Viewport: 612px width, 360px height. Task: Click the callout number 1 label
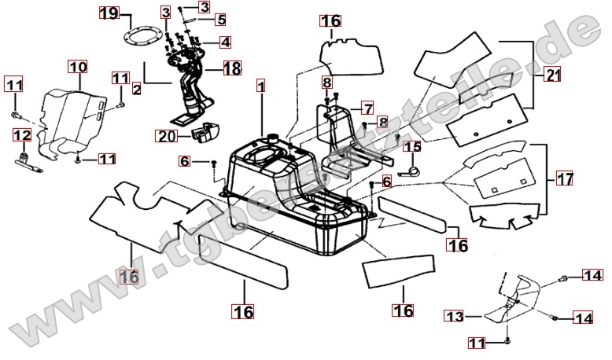point(261,83)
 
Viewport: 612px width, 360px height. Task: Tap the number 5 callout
point(219,19)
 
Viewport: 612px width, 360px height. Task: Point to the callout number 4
point(224,42)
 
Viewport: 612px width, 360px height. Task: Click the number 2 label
point(136,89)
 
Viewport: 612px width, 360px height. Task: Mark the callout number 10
point(77,68)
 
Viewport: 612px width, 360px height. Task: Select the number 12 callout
point(22,135)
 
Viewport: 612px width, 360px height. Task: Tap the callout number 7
point(367,108)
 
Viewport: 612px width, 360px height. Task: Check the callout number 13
point(455,316)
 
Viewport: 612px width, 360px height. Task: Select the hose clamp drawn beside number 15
point(406,166)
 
